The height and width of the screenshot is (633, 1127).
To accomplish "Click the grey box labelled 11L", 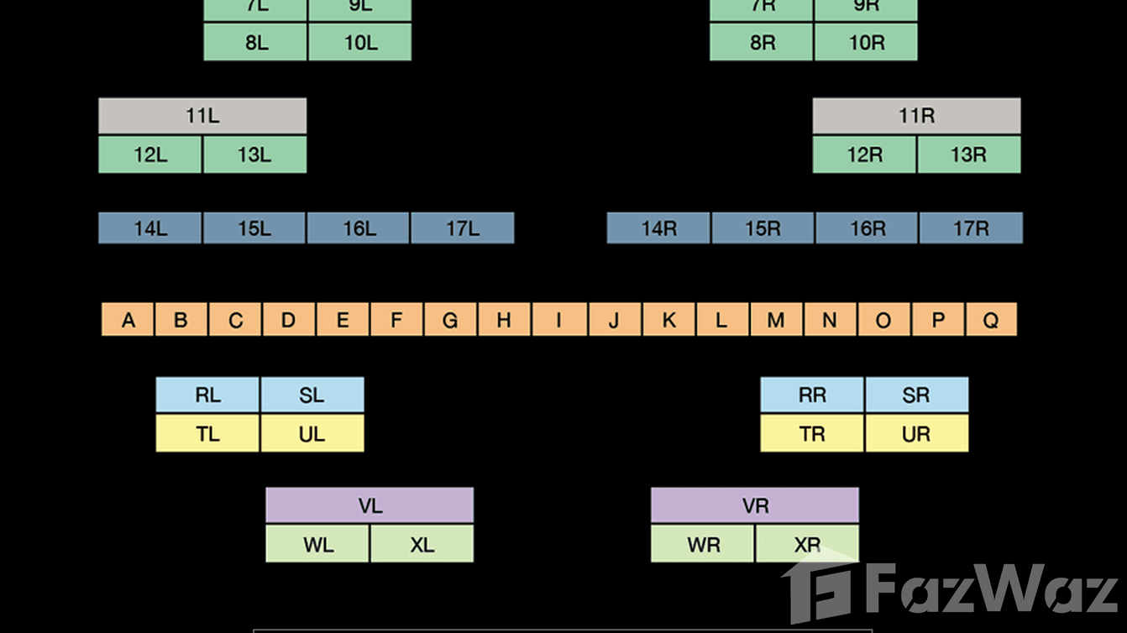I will [202, 116].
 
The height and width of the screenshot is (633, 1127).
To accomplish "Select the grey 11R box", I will [916, 116].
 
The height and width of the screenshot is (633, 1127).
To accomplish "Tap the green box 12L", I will [150, 155].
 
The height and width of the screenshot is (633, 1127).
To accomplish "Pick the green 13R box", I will [968, 155].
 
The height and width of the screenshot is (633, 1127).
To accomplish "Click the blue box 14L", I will [150, 228].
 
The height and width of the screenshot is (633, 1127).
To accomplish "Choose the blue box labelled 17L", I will [462, 228].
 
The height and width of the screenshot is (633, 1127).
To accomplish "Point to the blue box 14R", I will [658, 228].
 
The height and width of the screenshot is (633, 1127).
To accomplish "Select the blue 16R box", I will [867, 228].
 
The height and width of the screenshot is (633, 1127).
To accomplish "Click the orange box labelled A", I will [128, 320].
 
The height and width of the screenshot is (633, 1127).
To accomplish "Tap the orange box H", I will [504, 320].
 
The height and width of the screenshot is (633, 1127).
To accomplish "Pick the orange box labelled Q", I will [991, 320].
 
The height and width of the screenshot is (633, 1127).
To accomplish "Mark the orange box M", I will [776, 320].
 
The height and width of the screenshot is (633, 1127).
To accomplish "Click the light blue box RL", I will [207, 395].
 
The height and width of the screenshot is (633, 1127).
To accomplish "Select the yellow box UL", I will [312, 434].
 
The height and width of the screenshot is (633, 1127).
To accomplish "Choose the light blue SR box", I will [915, 395].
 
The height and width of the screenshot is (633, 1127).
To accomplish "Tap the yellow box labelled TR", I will [812, 434].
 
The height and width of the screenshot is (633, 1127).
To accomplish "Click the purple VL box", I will [370, 505].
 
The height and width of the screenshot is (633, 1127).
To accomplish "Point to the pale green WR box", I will [703, 545].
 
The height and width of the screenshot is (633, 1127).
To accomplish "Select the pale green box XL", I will [422, 545].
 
